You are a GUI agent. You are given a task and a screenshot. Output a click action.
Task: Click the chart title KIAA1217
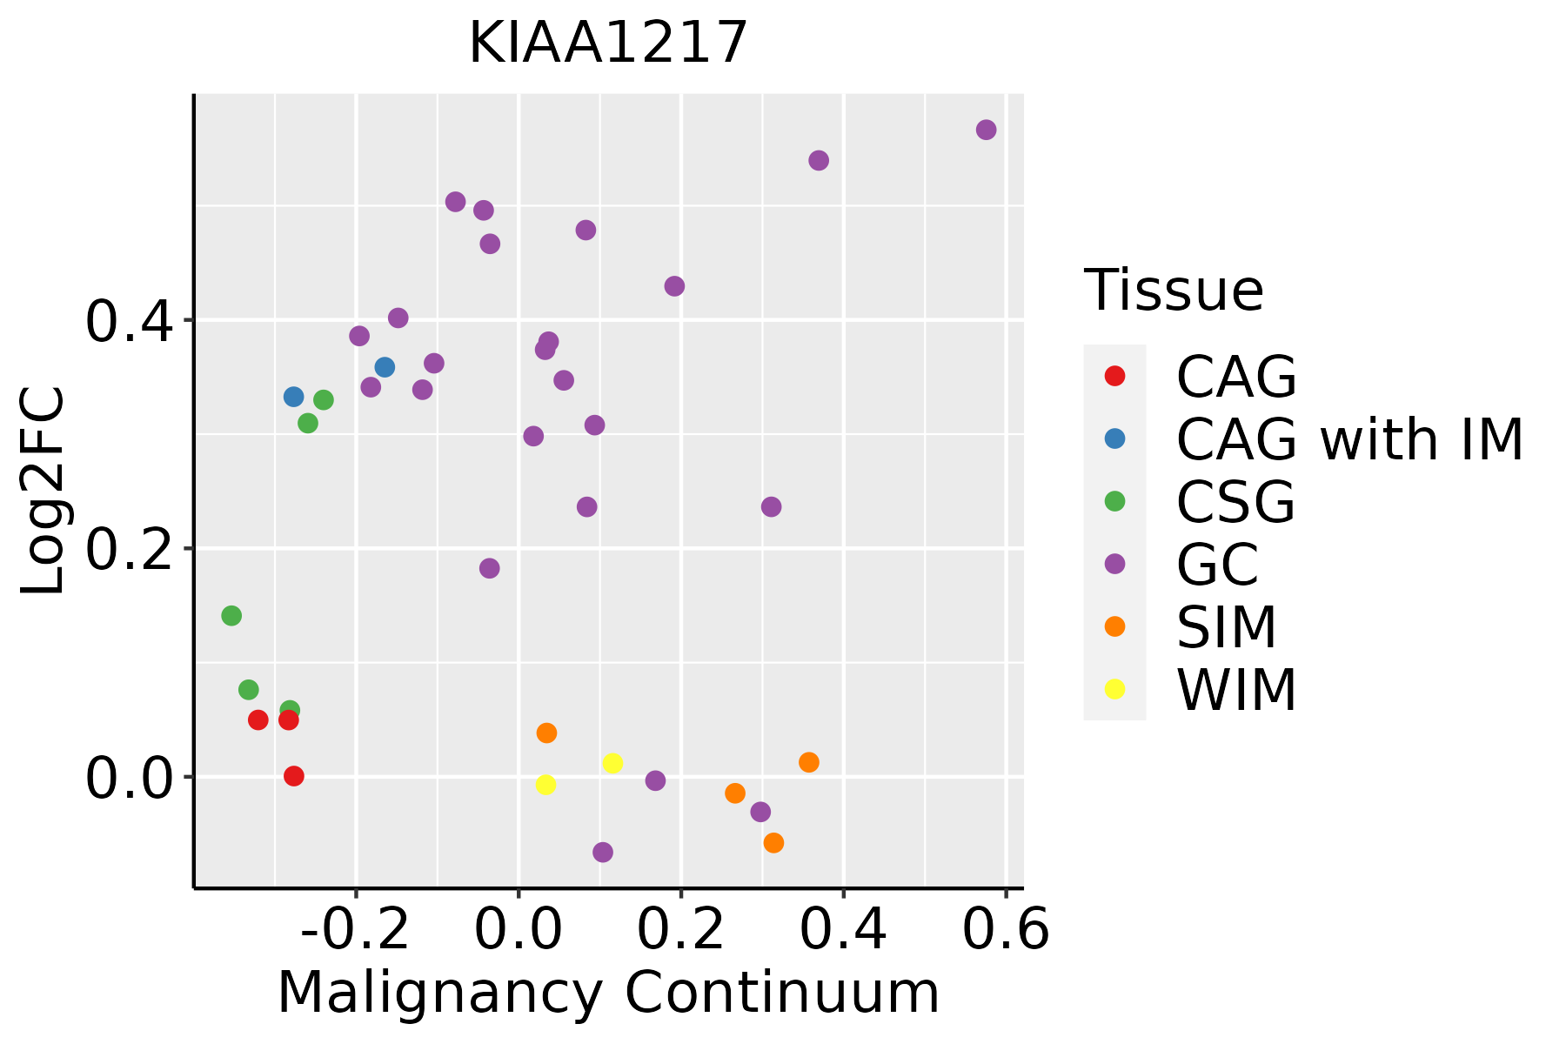tap(608, 43)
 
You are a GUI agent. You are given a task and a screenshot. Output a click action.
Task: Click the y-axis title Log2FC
tap(43, 491)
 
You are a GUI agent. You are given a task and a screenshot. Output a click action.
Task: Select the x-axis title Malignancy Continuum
tap(608, 993)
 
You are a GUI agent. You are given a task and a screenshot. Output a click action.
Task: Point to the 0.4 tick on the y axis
tap(127, 321)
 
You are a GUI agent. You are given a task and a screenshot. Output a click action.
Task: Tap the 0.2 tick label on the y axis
tap(127, 549)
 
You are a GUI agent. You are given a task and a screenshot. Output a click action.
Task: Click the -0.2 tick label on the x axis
tap(355, 930)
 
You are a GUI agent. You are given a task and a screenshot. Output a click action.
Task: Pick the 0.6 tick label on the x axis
tap(1006, 930)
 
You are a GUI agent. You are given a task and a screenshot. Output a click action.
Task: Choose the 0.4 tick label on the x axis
tap(843, 930)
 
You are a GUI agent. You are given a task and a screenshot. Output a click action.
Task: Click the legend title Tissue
tap(1174, 290)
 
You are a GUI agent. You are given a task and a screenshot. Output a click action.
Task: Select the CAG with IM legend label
tap(1349, 439)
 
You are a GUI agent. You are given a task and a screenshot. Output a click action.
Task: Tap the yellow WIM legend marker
tap(1114, 689)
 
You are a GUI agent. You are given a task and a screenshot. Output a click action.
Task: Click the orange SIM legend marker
tap(1114, 626)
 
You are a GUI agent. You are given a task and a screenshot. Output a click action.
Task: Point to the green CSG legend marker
tap(1114, 501)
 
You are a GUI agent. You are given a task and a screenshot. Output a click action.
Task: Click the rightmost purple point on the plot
tap(986, 130)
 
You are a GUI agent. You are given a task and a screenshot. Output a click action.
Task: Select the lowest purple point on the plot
tap(603, 852)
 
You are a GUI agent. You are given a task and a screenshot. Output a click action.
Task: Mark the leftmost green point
tap(231, 616)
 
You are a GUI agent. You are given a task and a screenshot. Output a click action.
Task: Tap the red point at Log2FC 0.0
tap(294, 775)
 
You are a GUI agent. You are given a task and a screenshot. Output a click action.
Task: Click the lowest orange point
tap(773, 842)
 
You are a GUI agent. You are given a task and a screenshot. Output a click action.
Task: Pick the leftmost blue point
tap(294, 397)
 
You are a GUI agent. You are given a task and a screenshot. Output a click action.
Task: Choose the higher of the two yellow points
tap(612, 763)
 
